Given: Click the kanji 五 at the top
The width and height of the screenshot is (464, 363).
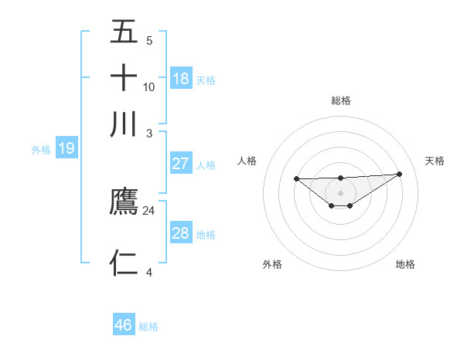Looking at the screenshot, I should point(125,32).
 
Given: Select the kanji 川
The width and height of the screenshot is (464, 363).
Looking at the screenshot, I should point(125,124).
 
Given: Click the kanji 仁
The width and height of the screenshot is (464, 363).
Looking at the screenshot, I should point(125,263).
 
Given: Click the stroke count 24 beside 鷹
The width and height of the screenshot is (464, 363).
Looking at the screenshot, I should point(149,210).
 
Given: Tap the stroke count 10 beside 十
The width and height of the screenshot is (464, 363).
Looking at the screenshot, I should point(149,87).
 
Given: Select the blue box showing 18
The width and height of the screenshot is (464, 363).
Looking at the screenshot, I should point(181,79).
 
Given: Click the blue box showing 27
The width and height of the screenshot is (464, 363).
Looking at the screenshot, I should point(181,164).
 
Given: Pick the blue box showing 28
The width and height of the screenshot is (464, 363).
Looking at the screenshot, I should point(181,233).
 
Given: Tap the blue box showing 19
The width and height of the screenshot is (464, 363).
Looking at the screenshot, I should point(67,148).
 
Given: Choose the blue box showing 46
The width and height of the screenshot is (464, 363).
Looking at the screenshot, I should point(124,325).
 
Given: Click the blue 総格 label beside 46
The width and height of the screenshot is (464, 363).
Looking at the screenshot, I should point(148,327).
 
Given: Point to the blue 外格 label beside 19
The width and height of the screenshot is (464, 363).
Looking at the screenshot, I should point(41,150).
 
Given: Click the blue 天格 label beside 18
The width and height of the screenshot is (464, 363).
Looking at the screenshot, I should point(206,80).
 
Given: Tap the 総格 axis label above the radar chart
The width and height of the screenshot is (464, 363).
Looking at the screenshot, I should point(341,100).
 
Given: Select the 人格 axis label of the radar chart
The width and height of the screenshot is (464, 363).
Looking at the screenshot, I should point(247,161).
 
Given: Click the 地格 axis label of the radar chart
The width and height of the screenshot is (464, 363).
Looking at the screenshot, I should point(405,264).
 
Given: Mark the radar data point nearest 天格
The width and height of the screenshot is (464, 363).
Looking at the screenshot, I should point(399,174).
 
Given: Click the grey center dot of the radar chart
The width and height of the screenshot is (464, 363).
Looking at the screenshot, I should point(341,192).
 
